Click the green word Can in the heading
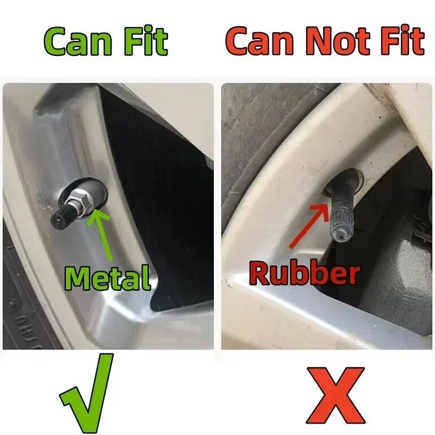coord(78,41)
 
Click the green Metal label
coord(108,277)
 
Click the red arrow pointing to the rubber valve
coord(309,225)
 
